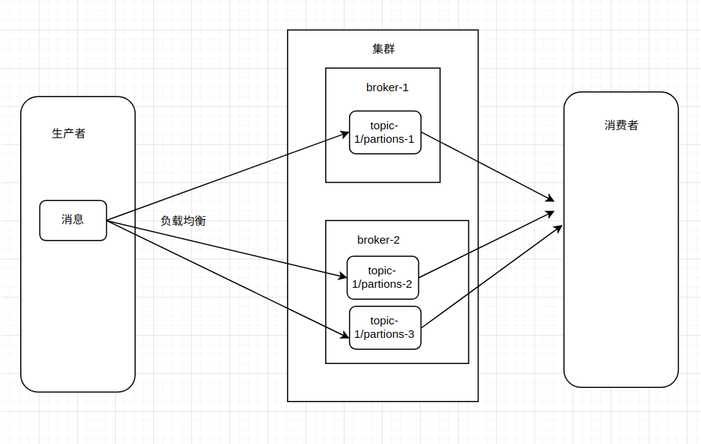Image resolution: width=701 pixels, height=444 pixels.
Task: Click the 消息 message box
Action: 72,220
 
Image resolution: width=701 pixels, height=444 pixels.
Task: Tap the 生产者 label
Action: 69,134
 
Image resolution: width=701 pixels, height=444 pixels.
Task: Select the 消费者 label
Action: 621,126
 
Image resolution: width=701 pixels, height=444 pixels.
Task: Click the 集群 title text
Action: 383,49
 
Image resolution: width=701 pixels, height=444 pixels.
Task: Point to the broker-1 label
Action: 387,87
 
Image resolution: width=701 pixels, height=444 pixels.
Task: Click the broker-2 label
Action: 378,240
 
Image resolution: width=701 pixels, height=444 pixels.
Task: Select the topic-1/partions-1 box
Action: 385,132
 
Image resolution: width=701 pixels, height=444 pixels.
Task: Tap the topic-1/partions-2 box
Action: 382,277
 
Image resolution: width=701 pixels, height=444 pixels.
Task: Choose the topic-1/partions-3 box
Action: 385,327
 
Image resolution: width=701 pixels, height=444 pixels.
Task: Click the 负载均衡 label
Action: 183,221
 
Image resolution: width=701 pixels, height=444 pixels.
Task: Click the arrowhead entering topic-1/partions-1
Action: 345,135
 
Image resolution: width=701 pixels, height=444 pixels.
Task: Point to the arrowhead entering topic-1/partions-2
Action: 342,277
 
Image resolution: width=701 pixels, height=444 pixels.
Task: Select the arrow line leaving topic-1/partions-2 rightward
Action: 486,244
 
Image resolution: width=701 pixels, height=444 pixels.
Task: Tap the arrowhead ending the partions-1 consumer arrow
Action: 549,199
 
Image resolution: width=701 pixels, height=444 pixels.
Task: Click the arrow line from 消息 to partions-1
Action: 224,177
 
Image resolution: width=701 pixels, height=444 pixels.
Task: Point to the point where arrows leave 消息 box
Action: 108,221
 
